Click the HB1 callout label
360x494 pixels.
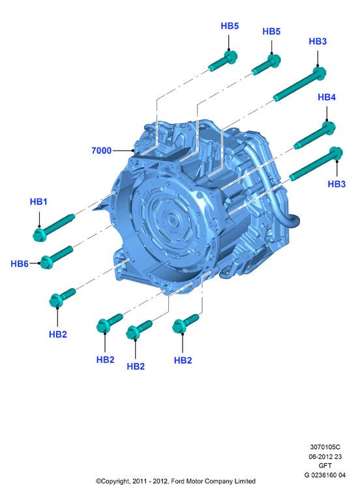38,201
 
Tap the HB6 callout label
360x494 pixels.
20,264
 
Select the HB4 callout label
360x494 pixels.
327,97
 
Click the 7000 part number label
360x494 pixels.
102,151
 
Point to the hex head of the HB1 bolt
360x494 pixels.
39,235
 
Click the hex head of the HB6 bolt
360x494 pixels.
47,263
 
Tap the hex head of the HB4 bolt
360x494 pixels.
329,128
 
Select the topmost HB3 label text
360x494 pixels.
318,41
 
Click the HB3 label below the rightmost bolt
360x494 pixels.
337,184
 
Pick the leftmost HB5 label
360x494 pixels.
230,26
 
